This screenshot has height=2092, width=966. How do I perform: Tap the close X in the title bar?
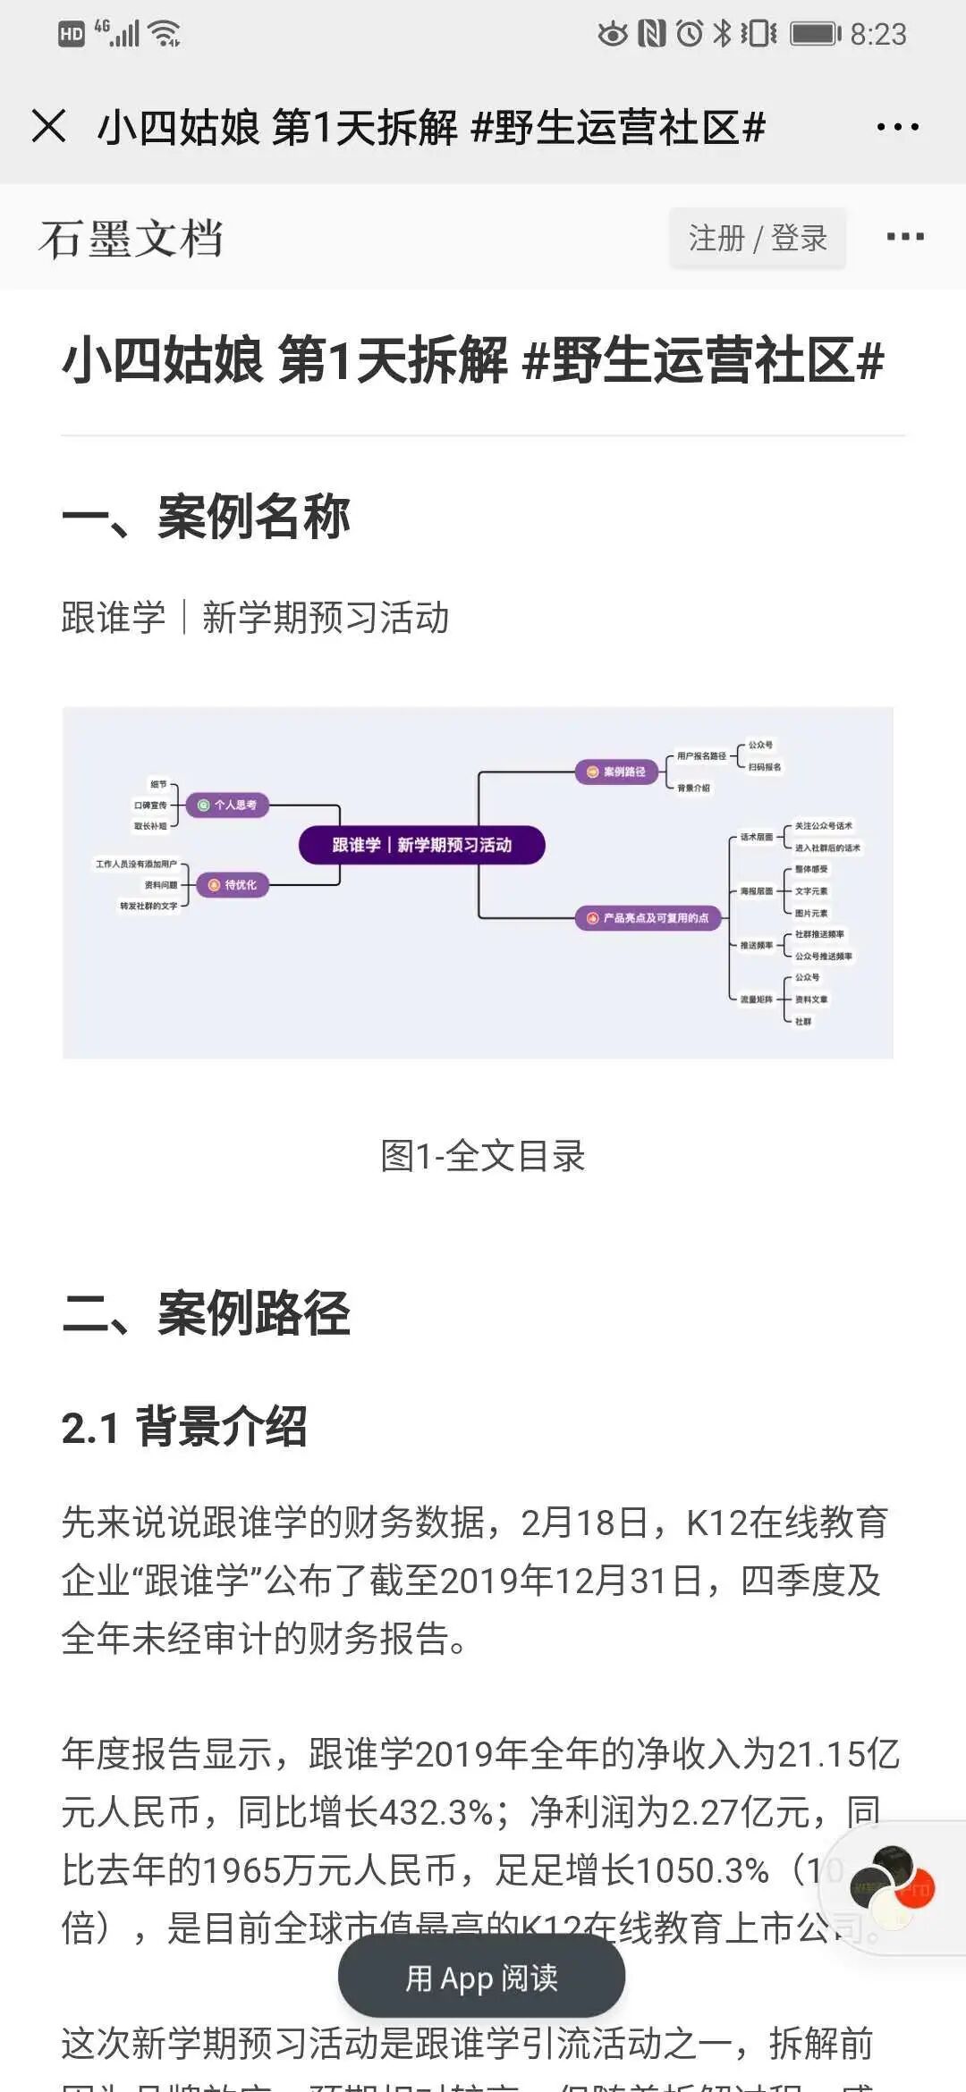49,126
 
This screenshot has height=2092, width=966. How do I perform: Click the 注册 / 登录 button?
757,238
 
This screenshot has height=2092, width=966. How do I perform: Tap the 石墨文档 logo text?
131,239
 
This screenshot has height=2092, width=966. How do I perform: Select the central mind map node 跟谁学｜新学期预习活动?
421,845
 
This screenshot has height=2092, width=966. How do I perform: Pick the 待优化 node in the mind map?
233,885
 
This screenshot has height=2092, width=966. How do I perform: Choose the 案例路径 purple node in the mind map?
616,772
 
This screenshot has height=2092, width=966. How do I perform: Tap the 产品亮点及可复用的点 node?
648,918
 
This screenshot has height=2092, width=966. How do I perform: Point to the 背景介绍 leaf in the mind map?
693,789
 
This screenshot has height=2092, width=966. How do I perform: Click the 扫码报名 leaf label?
765,767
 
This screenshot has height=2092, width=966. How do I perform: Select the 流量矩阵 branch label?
756,1000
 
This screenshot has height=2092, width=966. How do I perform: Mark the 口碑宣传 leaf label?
150,806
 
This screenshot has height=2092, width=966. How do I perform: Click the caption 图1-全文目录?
482,1156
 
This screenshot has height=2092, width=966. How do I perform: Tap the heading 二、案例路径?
206,1313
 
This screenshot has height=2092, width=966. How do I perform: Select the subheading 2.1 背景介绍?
184,1427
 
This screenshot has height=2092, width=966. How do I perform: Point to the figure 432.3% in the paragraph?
436,1813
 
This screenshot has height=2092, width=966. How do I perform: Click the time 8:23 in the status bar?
877,35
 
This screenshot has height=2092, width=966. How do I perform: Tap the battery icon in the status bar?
815,34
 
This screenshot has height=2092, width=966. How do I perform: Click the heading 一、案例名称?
206,517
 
